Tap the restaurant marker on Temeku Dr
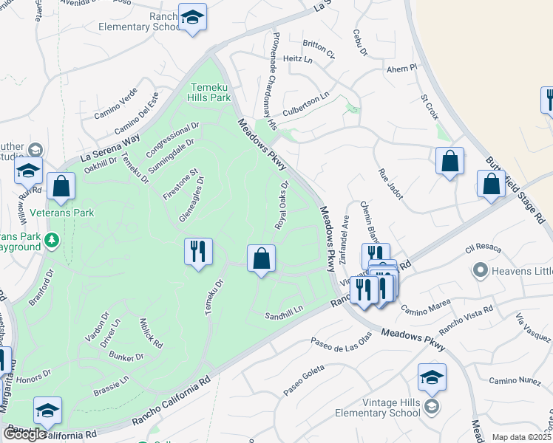point(197,252)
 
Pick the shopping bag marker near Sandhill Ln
point(261,259)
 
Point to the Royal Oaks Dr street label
point(281,204)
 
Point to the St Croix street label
point(430,107)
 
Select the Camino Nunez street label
point(515,380)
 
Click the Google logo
point(25,434)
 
